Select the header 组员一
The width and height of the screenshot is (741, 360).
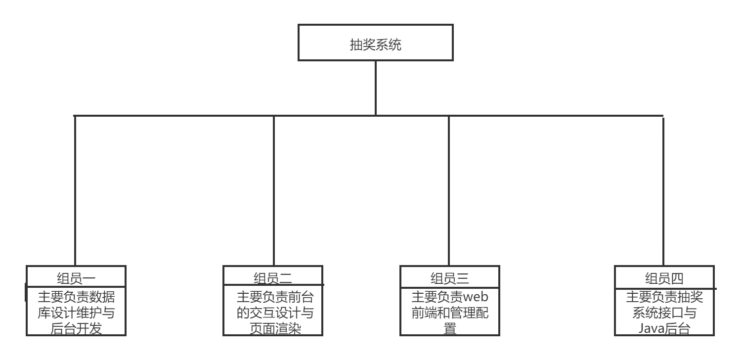(x=77, y=277)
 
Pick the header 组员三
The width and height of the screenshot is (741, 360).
(x=449, y=277)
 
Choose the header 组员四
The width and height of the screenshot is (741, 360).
(x=664, y=277)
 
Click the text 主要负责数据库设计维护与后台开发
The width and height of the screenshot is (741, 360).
(x=77, y=312)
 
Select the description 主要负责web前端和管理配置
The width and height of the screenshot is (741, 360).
(x=449, y=312)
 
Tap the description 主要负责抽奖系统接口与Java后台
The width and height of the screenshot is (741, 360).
(x=664, y=312)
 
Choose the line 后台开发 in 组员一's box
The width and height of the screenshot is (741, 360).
(x=77, y=329)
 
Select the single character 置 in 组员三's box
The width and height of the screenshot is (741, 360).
(x=449, y=329)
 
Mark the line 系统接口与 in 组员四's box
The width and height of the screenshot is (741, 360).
(x=664, y=313)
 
